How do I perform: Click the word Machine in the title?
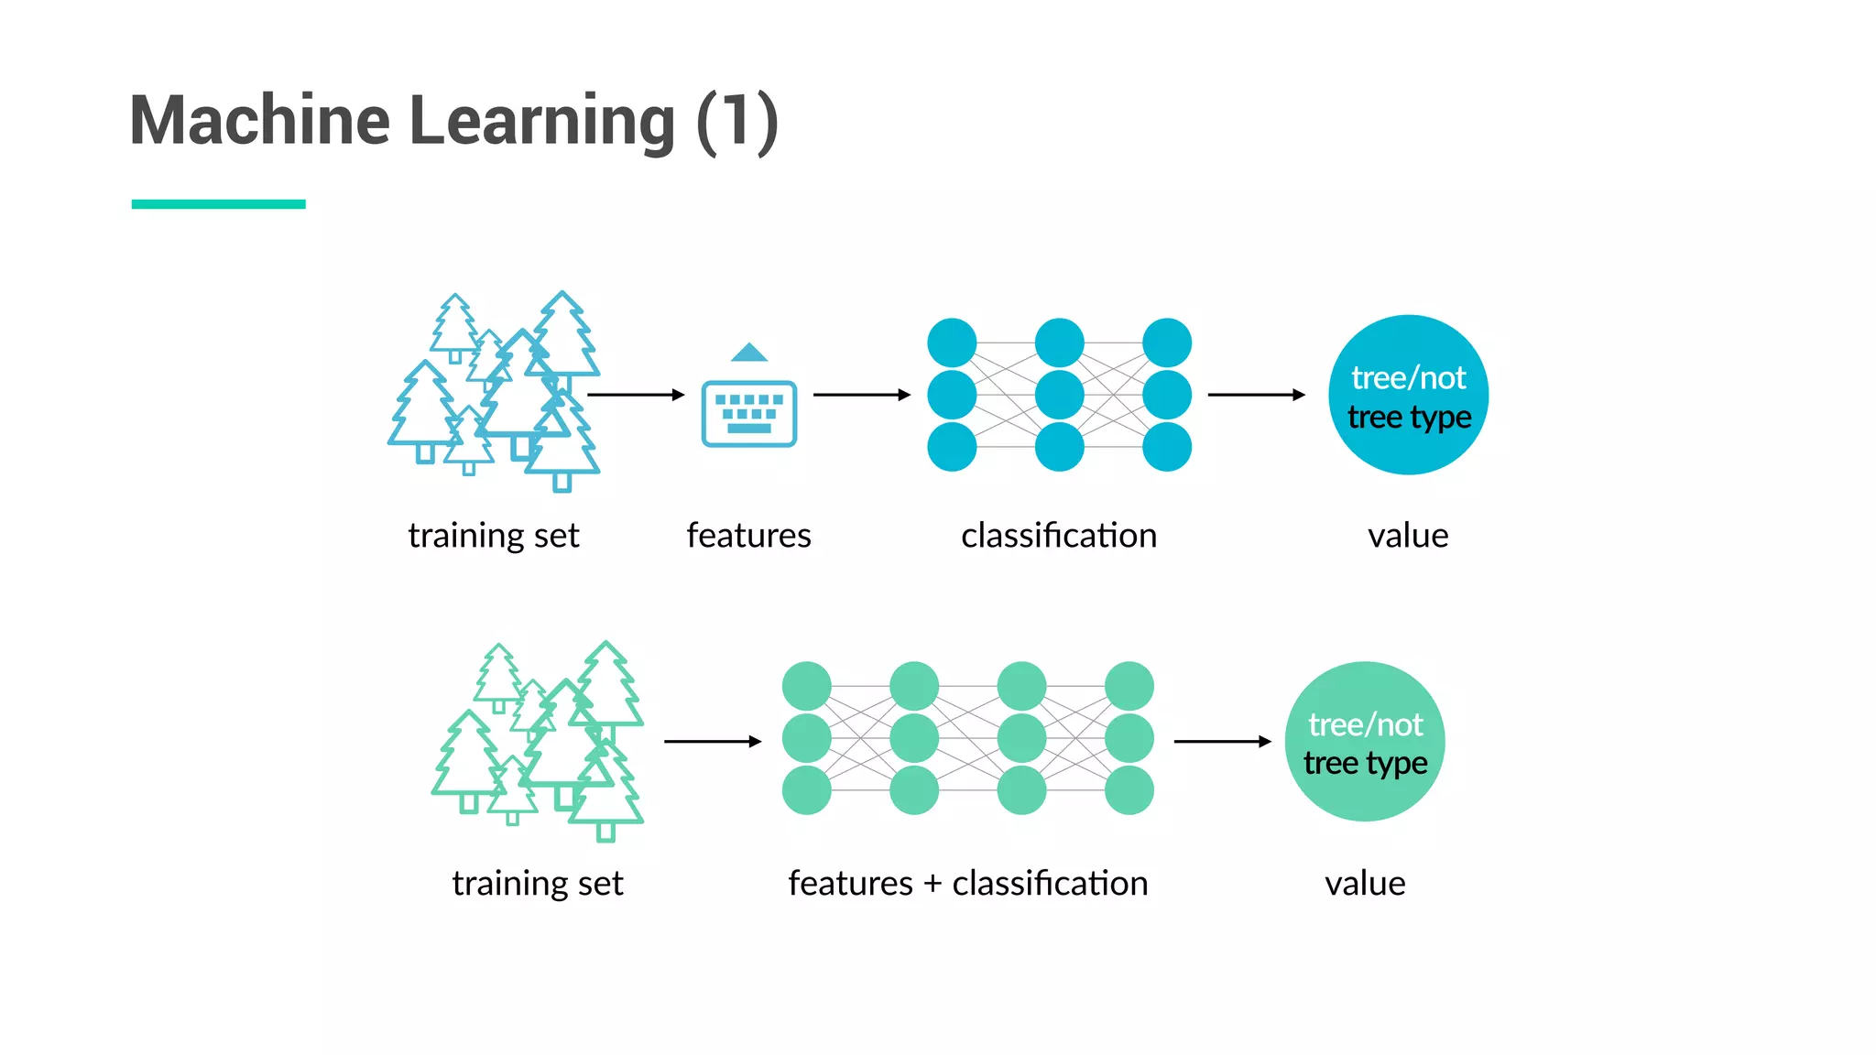[x=260, y=121]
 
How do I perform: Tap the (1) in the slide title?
[x=737, y=121]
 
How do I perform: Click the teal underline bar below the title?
[x=218, y=204]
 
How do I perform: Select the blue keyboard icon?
[x=748, y=414]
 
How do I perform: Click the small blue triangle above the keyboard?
[x=749, y=353]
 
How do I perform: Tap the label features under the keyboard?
[x=748, y=536]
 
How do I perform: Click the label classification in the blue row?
[x=1059, y=536]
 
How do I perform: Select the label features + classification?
[x=967, y=884]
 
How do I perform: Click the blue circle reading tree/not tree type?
[x=1408, y=395]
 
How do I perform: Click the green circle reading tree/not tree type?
[x=1364, y=742]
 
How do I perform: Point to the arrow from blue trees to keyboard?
[x=635, y=395]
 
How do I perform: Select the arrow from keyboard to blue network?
[x=861, y=395]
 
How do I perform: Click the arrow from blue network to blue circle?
[x=1256, y=395]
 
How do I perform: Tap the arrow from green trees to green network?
[x=712, y=742]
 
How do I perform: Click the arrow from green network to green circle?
[x=1222, y=742]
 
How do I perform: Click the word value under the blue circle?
[x=1408, y=536]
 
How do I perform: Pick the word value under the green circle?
[x=1364, y=884]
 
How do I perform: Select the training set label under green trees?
[x=538, y=884]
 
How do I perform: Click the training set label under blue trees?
[x=494, y=536]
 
